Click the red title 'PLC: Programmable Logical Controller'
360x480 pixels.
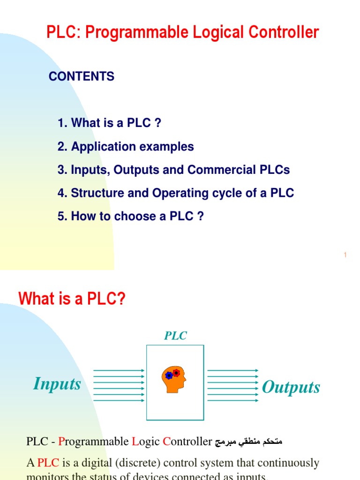point(182,32)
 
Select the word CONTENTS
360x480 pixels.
point(82,76)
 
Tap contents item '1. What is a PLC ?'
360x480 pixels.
point(109,123)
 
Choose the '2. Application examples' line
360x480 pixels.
point(126,147)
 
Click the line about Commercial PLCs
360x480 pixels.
point(173,170)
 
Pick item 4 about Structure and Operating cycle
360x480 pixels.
point(176,193)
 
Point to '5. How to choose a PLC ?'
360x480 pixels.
point(131,217)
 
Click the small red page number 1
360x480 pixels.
point(345,255)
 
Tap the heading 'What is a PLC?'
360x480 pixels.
point(72,299)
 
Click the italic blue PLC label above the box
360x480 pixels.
point(175,336)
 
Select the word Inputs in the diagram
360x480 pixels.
point(57,384)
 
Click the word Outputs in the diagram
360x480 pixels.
point(291,387)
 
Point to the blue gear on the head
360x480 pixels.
point(169,375)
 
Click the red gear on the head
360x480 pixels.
point(176,373)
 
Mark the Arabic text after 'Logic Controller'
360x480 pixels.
point(248,442)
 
